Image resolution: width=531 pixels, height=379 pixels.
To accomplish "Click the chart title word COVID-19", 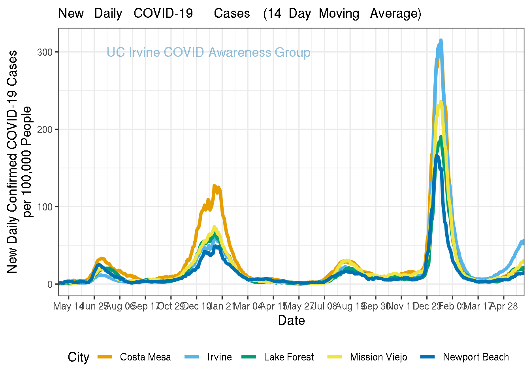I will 163,13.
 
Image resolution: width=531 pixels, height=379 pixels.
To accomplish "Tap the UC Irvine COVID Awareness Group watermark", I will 208,53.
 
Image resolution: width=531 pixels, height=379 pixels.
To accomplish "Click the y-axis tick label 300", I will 45,52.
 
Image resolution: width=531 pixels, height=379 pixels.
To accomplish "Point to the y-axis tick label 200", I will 45,129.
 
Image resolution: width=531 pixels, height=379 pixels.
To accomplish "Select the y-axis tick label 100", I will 45,207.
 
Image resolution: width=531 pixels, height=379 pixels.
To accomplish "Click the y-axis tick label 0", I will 50,284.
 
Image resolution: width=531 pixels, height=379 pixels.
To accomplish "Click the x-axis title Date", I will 291,320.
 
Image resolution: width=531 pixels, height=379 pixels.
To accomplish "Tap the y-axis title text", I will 19,162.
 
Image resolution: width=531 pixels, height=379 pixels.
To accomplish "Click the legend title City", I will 78,357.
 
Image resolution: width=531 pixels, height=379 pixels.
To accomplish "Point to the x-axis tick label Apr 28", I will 504,306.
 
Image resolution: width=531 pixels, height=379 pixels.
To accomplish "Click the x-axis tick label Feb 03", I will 453,306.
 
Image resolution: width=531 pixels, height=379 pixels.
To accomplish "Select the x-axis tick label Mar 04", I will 248,306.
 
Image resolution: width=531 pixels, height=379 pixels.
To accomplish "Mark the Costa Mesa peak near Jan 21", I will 215,186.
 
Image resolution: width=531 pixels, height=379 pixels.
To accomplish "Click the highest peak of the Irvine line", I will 441,40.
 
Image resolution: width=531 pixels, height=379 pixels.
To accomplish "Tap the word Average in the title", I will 395,13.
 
